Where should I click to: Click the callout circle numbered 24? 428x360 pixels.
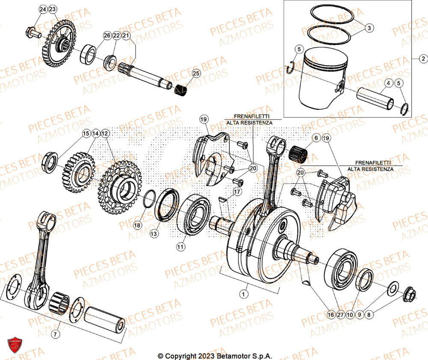pos(43,9)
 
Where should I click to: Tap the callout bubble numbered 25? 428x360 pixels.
pos(196,74)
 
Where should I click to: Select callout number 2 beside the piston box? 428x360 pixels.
pos(422,59)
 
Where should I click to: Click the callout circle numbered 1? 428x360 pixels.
pos(244,294)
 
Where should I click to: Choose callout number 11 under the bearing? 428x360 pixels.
pos(181,247)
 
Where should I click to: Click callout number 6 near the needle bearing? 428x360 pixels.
pos(316,138)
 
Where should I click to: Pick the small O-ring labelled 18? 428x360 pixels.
pos(148,199)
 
